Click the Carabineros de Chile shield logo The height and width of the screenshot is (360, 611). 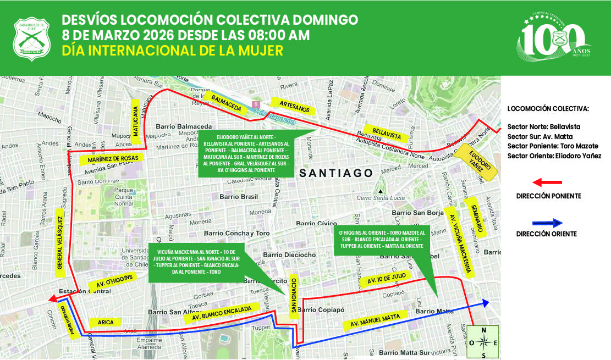31,37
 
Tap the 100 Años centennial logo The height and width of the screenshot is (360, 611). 553,38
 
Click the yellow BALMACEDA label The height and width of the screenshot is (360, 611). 226,104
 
